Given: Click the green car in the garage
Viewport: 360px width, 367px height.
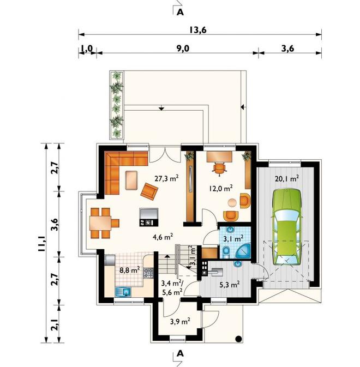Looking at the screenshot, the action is (x=286, y=227).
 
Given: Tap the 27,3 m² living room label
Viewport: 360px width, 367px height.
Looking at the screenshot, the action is (x=167, y=178).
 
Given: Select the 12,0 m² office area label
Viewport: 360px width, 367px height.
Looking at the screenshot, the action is (x=221, y=188).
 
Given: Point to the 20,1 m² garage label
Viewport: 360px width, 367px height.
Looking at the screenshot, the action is (x=287, y=178).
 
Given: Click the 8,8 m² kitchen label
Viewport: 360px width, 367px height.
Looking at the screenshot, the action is (x=130, y=270).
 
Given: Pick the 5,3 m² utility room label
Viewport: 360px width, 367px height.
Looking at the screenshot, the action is (x=230, y=285).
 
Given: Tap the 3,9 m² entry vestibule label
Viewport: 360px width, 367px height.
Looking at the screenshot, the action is (x=180, y=321).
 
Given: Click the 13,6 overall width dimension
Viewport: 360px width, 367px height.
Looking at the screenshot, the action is (x=198, y=30).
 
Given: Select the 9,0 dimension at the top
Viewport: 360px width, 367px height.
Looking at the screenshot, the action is (x=183, y=49).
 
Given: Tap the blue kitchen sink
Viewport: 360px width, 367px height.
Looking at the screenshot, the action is (x=123, y=292).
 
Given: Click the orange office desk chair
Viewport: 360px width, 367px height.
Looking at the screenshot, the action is (x=220, y=169).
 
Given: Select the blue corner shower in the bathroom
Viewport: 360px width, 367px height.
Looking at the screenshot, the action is (x=243, y=251).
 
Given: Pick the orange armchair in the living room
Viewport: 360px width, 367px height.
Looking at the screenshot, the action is (x=149, y=191).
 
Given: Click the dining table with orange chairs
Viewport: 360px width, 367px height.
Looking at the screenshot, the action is (x=103, y=223).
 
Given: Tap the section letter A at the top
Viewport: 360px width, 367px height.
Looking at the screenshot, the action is (x=180, y=12).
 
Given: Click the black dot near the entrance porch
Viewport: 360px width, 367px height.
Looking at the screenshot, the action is (x=238, y=339).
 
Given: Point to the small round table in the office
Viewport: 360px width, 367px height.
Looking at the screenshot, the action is (x=232, y=203).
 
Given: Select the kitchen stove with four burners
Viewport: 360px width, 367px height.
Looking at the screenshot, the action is (x=148, y=273).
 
